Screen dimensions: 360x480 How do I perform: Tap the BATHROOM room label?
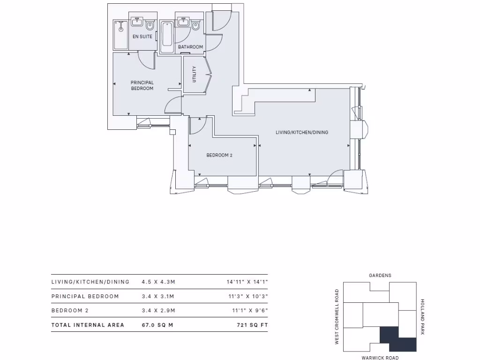[x=190, y=47]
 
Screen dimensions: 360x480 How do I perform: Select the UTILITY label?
[x=195, y=75]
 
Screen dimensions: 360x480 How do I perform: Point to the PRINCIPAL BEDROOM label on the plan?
[x=142, y=85]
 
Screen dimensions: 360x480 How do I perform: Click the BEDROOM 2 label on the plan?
[x=219, y=155]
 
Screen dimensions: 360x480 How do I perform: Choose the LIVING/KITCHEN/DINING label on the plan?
[x=302, y=133]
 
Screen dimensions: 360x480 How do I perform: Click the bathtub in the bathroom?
[x=167, y=36]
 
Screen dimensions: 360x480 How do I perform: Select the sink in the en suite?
[x=138, y=22]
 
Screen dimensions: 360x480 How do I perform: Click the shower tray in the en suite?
[x=121, y=34]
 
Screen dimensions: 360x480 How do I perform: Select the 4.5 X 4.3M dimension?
[x=158, y=282]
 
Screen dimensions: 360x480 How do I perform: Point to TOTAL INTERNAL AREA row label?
[x=88, y=325]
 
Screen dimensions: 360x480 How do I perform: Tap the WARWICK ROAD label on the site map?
[x=380, y=357]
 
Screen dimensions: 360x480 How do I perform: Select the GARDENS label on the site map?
[x=380, y=276]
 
